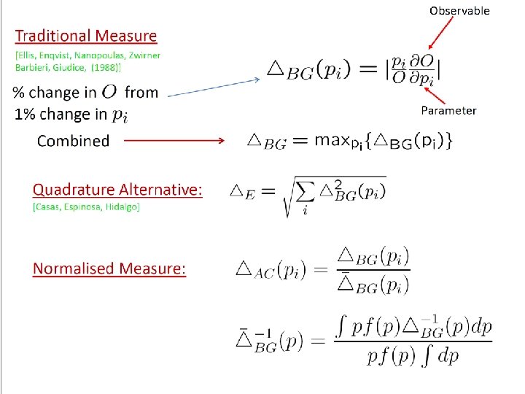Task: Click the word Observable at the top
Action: [x=459, y=10]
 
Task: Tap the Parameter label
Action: [x=448, y=110]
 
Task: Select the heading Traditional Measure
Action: [x=86, y=35]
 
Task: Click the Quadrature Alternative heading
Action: [x=117, y=190]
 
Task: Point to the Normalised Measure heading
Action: [x=109, y=269]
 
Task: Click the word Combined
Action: [x=73, y=141]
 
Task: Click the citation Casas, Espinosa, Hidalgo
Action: [x=86, y=207]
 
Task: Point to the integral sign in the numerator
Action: [x=341, y=328]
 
